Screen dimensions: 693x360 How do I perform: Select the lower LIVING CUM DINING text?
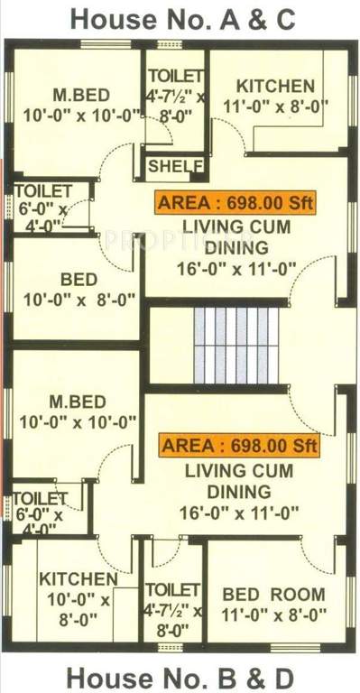pos(238,481)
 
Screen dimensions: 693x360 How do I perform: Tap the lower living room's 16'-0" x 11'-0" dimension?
pos(238,513)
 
